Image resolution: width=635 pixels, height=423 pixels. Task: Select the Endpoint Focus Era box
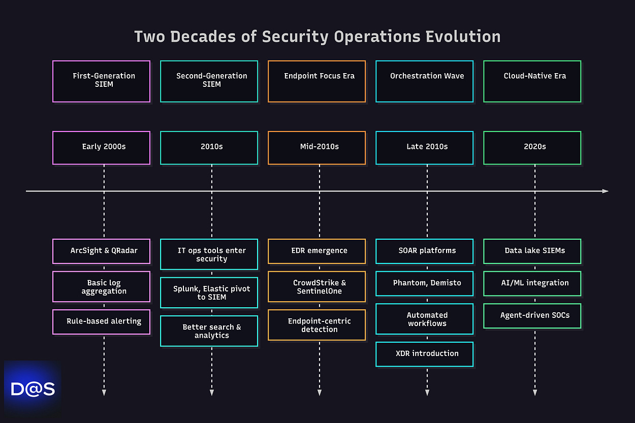point(316,81)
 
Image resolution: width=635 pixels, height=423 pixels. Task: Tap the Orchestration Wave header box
point(424,81)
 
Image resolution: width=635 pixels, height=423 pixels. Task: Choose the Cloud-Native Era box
point(532,81)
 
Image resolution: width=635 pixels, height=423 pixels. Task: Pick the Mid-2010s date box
point(316,148)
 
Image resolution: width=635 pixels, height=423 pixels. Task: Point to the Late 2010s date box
point(424,148)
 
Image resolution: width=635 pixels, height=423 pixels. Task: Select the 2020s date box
point(532,148)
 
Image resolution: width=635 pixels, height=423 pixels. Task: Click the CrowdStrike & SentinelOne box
point(316,287)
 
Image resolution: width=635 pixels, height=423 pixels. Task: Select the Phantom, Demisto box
point(424,283)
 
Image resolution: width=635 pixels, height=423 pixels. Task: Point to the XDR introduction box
point(424,354)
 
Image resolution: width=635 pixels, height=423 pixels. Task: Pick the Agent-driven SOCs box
point(532,315)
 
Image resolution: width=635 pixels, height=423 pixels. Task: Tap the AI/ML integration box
point(532,283)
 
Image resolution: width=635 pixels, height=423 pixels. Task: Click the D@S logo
point(33,389)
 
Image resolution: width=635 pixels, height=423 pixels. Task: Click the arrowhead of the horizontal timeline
point(605,191)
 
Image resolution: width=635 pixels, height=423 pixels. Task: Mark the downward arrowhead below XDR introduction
point(427,392)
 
